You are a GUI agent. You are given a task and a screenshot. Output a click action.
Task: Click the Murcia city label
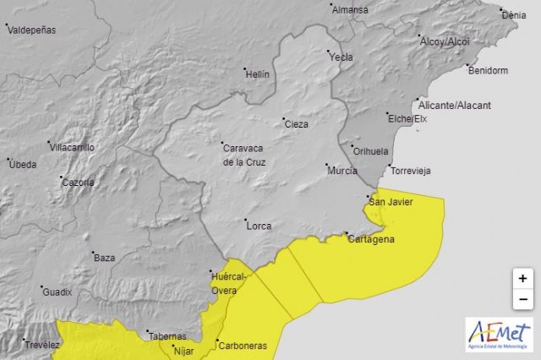[x=342, y=171]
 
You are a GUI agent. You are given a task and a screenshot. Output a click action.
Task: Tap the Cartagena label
[x=370, y=240]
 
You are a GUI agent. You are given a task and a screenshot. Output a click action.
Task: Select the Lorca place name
[x=258, y=226]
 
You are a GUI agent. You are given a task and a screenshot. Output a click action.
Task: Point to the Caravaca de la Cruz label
[x=244, y=153]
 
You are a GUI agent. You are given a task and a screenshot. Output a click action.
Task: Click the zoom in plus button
[x=522, y=278]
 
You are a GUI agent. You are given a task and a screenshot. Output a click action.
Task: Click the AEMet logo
[x=498, y=335]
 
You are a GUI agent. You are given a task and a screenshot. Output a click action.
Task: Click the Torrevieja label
[x=410, y=171]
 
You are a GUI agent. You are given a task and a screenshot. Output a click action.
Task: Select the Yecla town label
[x=342, y=57]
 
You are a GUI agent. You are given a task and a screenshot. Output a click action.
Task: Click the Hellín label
[x=256, y=74]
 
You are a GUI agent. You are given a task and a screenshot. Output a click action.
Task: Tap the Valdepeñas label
[x=31, y=30]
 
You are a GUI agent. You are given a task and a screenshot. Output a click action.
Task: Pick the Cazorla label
[x=78, y=182]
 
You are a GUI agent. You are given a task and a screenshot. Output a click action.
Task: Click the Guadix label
[x=58, y=292]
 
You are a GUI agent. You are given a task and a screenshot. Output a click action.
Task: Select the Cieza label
[x=296, y=124]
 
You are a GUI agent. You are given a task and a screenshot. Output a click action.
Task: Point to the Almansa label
[x=350, y=10]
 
